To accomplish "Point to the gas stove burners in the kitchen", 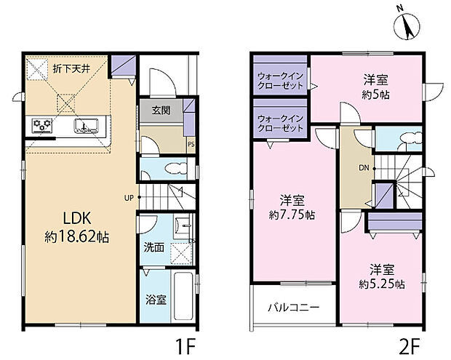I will tap(42, 127).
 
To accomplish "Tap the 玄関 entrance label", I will tap(161, 111).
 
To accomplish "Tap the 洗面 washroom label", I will tap(153, 247).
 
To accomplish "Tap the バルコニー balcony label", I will tap(292, 307).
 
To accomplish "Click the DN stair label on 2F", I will tap(363, 169).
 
